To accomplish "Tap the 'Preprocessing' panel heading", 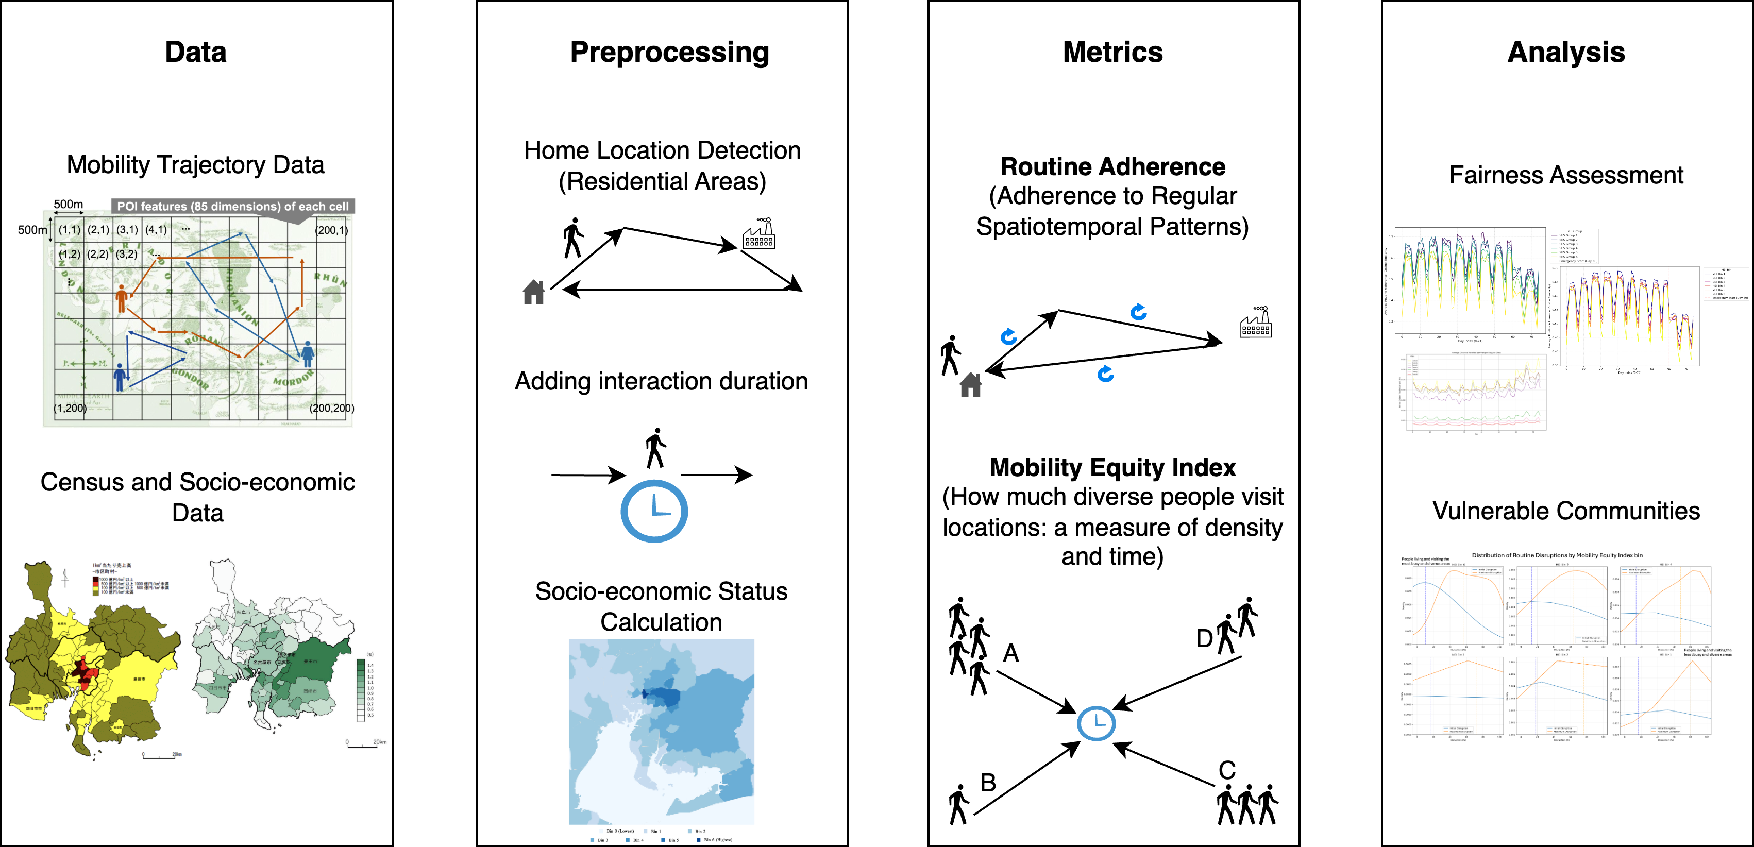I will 669,53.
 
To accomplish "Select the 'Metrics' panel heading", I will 1112,53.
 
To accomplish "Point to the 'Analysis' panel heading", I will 1565,53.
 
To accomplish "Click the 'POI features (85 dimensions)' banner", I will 232,206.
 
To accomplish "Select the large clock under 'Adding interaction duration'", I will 654,511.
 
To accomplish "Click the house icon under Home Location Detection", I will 534,292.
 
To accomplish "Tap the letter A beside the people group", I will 1011,653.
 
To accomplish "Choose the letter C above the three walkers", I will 1227,770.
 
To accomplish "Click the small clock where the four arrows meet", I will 1095,723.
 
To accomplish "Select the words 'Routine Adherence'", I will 1112,167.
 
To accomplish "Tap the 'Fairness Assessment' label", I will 1565,176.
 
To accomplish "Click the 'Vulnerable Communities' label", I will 1565,511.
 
